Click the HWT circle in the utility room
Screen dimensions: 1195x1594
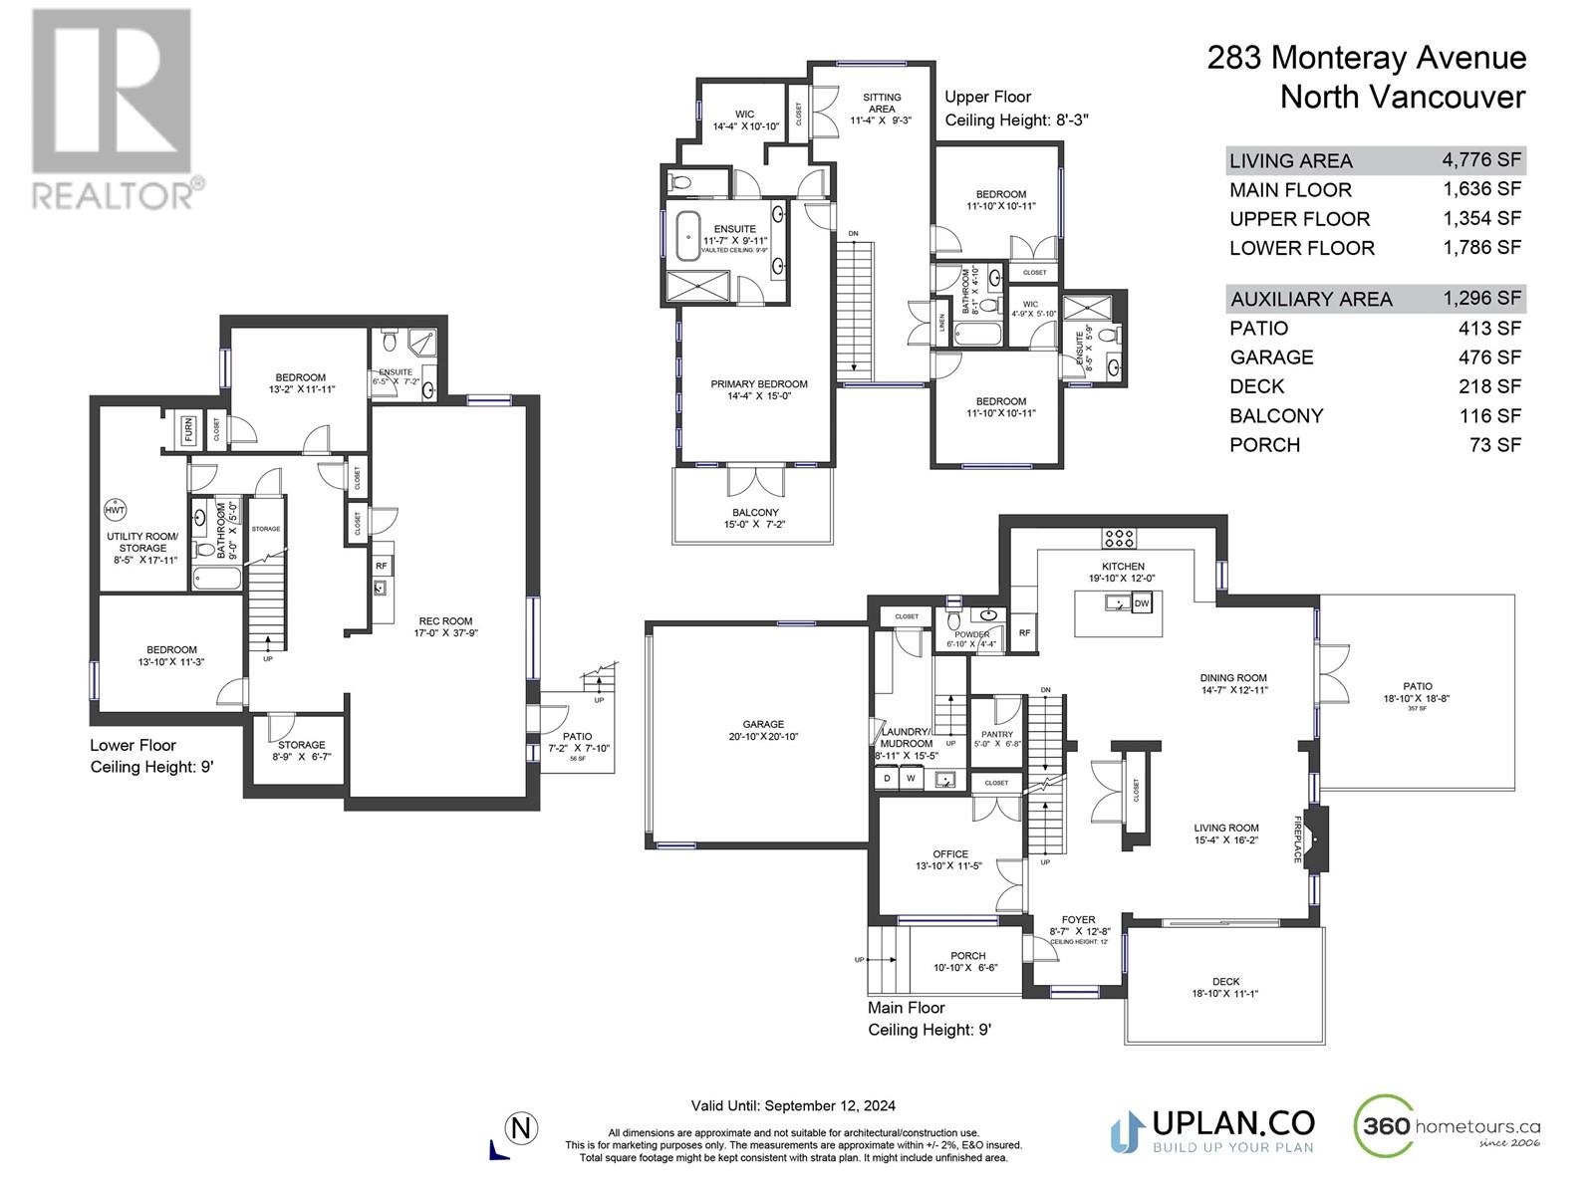click(x=115, y=510)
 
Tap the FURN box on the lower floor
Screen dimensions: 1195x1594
click(x=188, y=429)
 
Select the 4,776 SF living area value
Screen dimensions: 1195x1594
click(x=1480, y=159)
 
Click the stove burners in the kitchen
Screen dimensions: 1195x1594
click(x=1119, y=539)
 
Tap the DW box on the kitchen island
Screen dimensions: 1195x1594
click(x=1142, y=603)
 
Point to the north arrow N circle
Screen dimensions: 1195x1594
click(x=521, y=1129)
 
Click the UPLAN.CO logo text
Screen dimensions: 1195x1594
click(x=1232, y=1123)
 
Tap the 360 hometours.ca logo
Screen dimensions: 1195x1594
click(x=1447, y=1127)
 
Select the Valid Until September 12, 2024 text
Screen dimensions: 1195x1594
click(x=793, y=1105)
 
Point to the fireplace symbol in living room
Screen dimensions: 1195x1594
click(x=1317, y=838)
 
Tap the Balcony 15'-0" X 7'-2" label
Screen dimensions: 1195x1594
click(x=755, y=518)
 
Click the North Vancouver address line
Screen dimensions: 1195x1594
click(x=1402, y=98)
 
